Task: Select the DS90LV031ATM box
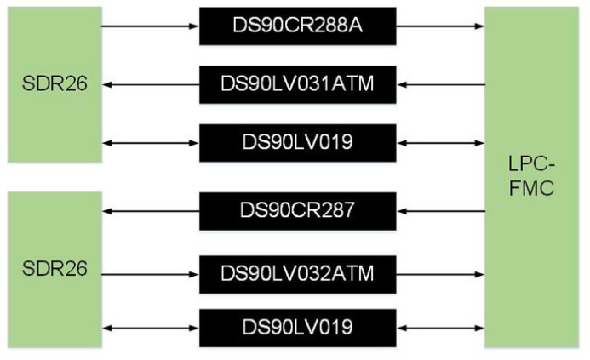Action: (298, 84)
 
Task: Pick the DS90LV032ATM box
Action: (298, 273)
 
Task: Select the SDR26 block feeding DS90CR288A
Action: (54, 83)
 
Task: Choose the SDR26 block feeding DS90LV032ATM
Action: (54, 268)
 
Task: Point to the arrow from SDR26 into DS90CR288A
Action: (150, 26)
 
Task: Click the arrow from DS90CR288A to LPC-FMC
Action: (440, 26)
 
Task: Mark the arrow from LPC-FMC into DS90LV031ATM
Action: (440, 84)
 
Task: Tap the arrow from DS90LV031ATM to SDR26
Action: (150, 84)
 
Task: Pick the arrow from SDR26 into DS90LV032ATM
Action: (150, 273)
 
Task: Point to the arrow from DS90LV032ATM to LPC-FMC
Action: (440, 273)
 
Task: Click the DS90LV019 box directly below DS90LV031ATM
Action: (298, 141)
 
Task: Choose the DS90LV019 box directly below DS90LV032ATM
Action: (298, 328)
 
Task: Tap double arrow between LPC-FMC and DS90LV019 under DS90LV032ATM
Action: (440, 328)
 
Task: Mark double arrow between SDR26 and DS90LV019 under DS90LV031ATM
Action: (150, 141)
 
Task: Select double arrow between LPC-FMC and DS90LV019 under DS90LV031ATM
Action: (440, 141)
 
